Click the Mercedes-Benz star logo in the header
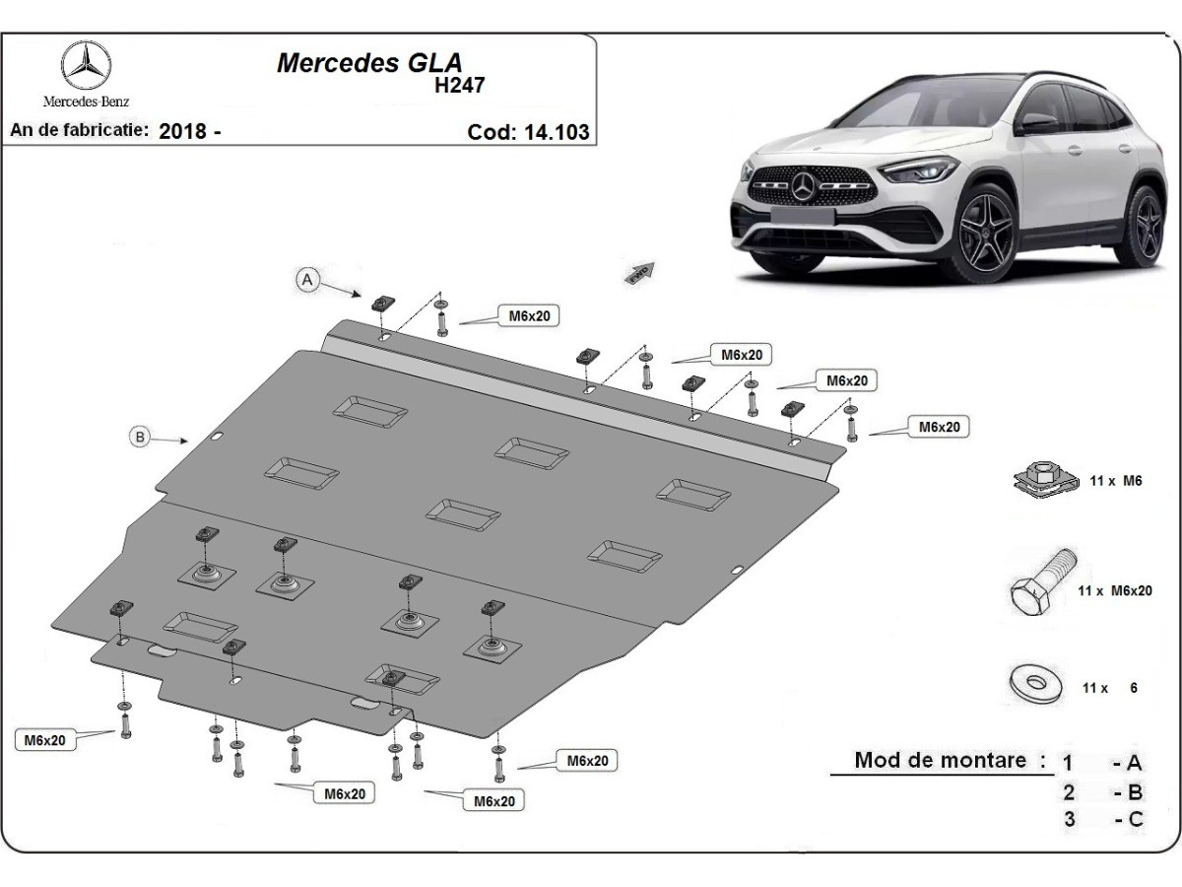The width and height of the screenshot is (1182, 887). coord(86,67)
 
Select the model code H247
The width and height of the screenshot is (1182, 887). coord(460,85)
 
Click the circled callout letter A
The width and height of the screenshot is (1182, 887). coord(307,281)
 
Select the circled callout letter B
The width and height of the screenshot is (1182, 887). coord(142,437)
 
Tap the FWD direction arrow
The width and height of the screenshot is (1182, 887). coord(640,273)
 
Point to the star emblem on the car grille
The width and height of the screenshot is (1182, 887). coord(807,185)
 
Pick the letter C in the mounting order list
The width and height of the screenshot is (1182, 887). coord(1135,818)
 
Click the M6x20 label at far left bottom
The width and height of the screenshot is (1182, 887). coord(45,740)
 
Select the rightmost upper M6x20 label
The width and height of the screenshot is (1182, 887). coord(939,427)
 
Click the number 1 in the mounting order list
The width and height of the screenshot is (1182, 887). coord(1068,762)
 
